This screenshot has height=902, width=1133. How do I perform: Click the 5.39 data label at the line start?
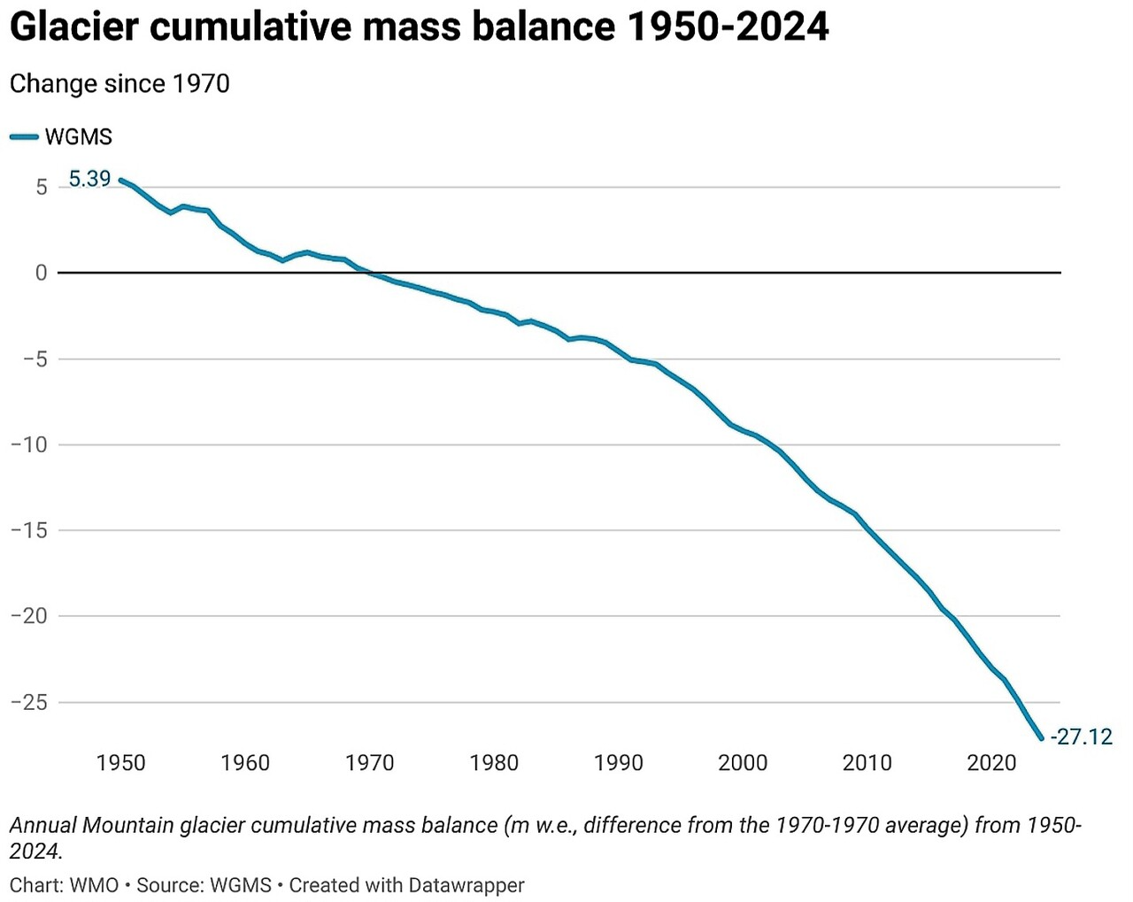pyautogui.click(x=89, y=179)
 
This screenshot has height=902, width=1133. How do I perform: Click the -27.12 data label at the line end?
pyautogui.click(x=1081, y=736)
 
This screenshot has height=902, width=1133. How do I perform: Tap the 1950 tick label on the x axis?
pyautogui.click(x=120, y=763)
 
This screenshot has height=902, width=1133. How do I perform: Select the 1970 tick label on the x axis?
pyautogui.click(x=369, y=763)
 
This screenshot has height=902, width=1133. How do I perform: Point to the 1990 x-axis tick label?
pyautogui.click(x=618, y=763)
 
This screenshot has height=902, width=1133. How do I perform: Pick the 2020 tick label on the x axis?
pyautogui.click(x=991, y=763)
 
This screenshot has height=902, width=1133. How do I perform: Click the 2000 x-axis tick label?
pyautogui.click(x=743, y=763)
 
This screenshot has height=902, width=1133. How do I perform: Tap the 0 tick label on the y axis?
pyautogui.click(x=41, y=274)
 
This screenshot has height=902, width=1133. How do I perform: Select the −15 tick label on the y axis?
pyautogui.click(x=29, y=531)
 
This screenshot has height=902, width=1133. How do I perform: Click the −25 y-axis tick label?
pyautogui.click(x=29, y=703)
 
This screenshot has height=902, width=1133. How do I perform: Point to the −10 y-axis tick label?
pyautogui.click(x=29, y=445)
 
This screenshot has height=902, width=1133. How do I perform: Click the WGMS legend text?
pyautogui.click(x=79, y=137)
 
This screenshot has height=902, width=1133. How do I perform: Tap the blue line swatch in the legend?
pyautogui.click(x=24, y=137)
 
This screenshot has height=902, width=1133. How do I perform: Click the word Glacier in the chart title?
pyautogui.click(x=73, y=27)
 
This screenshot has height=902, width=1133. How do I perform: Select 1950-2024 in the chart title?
pyautogui.click(x=728, y=27)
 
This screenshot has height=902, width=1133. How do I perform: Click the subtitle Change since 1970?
pyautogui.click(x=119, y=84)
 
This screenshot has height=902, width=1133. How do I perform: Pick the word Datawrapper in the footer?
pyautogui.click(x=466, y=885)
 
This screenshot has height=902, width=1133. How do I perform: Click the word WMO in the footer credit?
pyautogui.click(x=94, y=885)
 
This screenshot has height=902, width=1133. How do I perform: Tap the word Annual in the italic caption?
pyautogui.click(x=42, y=826)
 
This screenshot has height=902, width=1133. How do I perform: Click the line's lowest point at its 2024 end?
pyautogui.click(x=1041, y=738)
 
